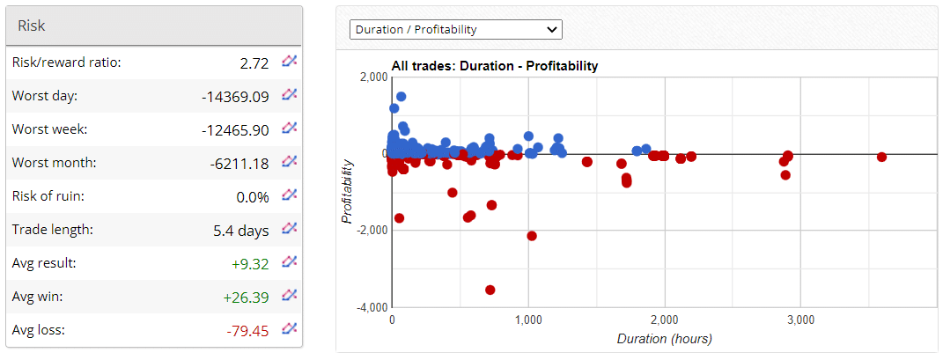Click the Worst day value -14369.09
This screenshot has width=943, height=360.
[235, 96]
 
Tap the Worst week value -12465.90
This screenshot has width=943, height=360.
[235, 129]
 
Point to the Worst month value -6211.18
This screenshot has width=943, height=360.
[239, 163]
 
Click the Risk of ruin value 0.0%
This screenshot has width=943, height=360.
[253, 196]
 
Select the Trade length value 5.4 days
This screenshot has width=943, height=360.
[241, 230]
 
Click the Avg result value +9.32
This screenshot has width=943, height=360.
[250, 263]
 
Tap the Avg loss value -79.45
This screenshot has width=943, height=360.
[248, 330]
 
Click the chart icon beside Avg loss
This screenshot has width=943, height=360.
[289, 329]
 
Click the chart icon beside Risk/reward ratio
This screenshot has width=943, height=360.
[289, 62]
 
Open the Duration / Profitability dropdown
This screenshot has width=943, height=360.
[456, 29]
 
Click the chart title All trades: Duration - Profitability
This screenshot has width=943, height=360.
[494, 66]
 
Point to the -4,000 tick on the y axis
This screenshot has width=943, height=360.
[371, 308]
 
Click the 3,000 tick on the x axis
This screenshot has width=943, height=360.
[800, 321]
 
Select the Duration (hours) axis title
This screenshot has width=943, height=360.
[664, 339]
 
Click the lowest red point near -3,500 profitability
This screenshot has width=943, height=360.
[490, 290]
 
